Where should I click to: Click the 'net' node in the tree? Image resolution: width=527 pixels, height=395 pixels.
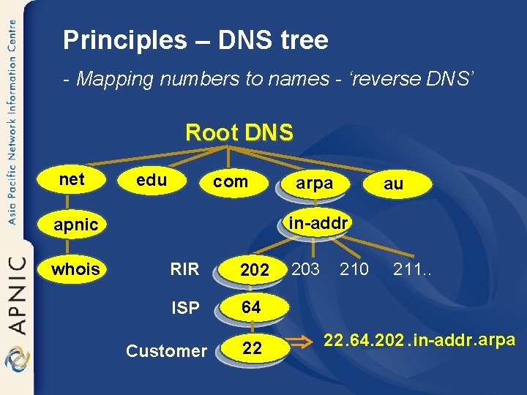(x=72, y=179)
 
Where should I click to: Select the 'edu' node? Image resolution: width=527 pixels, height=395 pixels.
(x=152, y=180)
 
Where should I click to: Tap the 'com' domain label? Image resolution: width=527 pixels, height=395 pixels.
(x=230, y=181)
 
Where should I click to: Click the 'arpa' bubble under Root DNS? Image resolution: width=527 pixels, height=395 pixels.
(x=314, y=184)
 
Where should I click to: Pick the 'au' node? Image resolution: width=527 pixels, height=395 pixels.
(x=393, y=184)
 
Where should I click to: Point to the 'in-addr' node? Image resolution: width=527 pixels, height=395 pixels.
(x=317, y=222)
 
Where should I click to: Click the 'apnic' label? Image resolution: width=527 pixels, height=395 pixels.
(x=75, y=225)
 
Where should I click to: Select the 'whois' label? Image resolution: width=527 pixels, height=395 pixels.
(x=75, y=269)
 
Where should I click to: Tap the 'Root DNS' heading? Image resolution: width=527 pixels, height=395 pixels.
(x=239, y=132)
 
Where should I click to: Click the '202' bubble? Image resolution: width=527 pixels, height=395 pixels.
(x=254, y=270)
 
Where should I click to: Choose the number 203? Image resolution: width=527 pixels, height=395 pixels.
(x=305, y=269)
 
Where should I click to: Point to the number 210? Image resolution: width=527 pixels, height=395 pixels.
(x=354, y=269)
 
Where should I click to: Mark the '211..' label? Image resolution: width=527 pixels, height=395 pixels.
(x=412, y=269)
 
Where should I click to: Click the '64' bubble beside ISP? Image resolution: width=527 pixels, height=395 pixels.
(x=251, y=308)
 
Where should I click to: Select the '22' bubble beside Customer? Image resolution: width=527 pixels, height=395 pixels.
(x=252, y=349)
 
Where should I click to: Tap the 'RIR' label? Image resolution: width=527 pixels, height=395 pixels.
(x=184, y=269)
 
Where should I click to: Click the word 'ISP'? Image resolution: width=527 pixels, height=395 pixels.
(x=184, y=308)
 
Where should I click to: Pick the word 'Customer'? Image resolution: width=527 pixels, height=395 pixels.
(x=166, y=351)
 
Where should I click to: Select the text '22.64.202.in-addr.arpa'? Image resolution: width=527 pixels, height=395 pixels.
(x=419, y=340)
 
